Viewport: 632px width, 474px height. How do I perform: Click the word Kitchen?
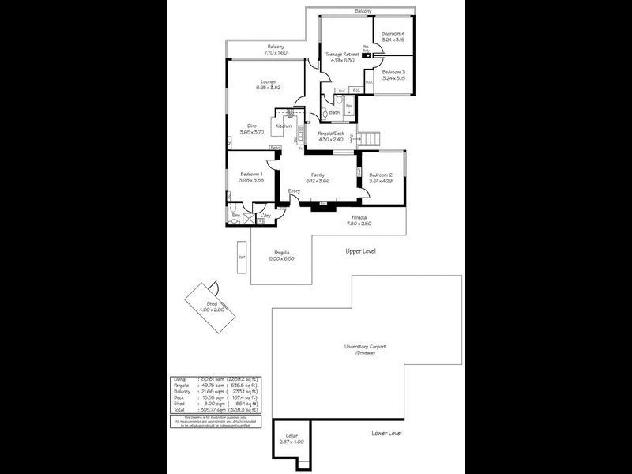coord(283,126)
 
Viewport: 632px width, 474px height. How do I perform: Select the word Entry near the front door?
coord(294,190)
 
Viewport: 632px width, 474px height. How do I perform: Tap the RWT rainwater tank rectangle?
coord(242,257)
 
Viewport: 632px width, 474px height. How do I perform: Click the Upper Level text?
coord(361,251)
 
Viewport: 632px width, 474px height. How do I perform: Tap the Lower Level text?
coord(387,434)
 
